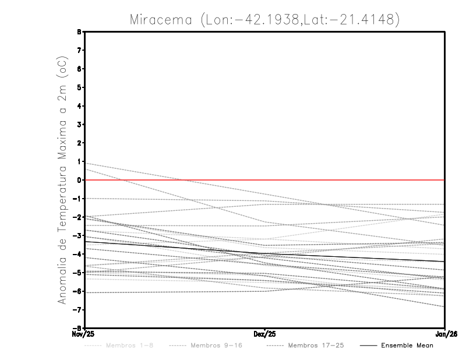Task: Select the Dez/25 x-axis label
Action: tap(265, 334)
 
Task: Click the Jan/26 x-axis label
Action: tap(446, 334)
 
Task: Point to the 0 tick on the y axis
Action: tap(79, 180)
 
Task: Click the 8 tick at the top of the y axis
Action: tap(79, 31)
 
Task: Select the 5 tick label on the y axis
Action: tap(79, 87)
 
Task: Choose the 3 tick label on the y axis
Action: tap(79, 125)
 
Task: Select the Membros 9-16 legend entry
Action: tap(216, 345)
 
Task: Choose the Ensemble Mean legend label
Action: tap(407, 345)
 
